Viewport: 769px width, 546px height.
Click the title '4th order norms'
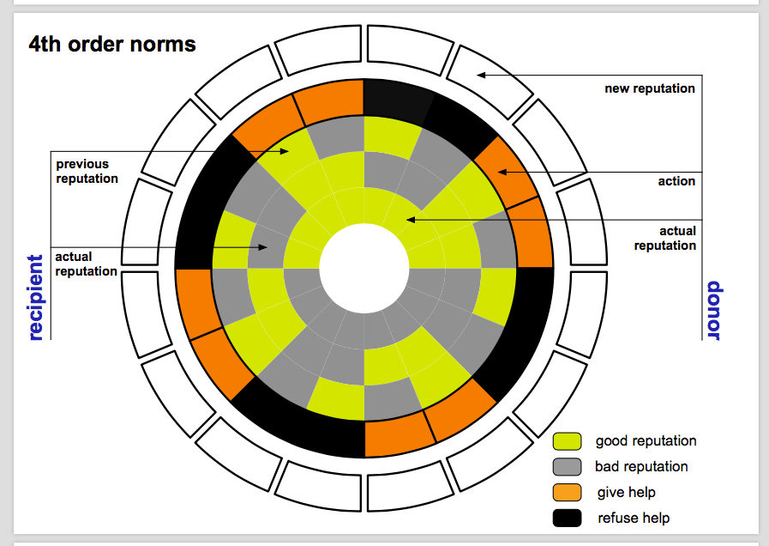tap(111, 44)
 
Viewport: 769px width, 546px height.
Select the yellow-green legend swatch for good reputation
tap(567, 441)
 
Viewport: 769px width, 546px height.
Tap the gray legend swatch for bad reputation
tap(567, 467)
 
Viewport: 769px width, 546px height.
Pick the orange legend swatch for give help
tap(567, 493)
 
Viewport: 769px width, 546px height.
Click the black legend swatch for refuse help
tap(567, 518)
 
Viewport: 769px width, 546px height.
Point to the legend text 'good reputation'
tap(646, 441)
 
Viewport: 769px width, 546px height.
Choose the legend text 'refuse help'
tap(634, 518)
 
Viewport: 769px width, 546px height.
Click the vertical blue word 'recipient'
tap(35, 297)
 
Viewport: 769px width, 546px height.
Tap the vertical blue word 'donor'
tap(713, 310)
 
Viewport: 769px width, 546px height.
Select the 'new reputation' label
tap(649, 88)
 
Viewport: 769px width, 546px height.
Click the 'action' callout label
tap(676, 181)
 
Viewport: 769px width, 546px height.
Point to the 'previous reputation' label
tap(87, 171)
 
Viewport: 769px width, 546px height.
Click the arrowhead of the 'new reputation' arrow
tap(481, 76)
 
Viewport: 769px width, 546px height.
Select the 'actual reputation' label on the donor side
tap(664, 238)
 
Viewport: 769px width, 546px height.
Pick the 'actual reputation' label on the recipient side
tap(86, 264)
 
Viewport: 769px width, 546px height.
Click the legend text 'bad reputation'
tap(641, 467)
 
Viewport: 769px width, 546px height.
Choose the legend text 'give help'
tap(627, 493)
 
